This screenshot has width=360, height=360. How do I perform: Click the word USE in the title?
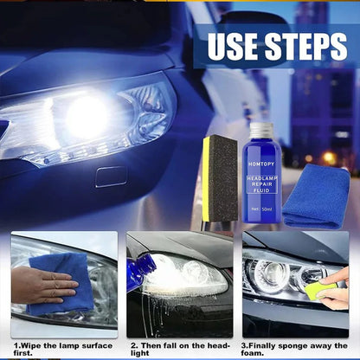(233, 46)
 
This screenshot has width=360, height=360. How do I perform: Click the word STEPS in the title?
(306, 46)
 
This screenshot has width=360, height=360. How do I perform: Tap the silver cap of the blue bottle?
(261, 129)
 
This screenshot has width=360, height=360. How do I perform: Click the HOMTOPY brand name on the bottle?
(261, 164)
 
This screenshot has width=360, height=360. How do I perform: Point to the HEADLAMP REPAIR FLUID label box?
(261, 184)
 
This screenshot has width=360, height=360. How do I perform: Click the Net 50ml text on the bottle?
(261, 209)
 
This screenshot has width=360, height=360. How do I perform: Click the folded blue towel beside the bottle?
(316, 196)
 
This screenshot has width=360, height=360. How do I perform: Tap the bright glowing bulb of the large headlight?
(86, 116)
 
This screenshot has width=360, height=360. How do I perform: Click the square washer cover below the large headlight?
(111, 177)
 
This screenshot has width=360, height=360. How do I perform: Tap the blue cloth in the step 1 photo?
(61, 284)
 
